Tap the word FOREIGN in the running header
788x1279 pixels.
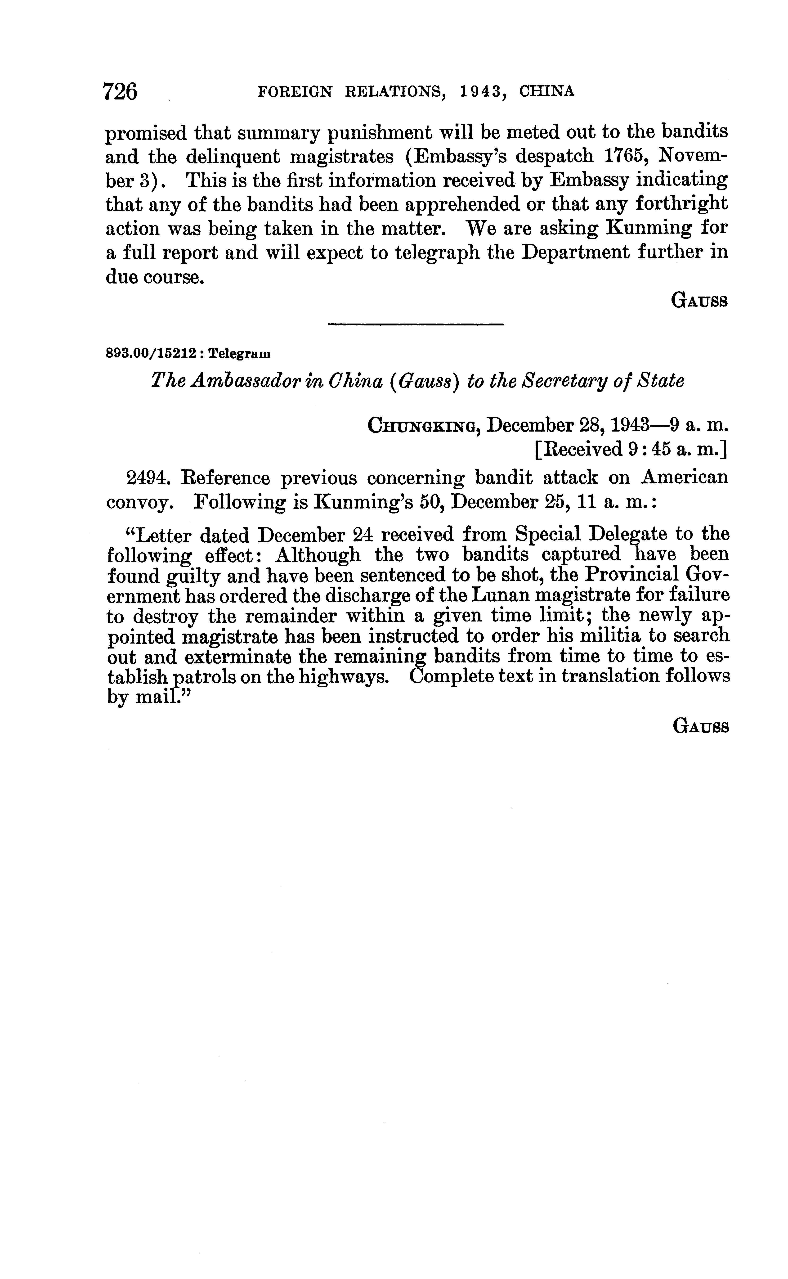tap(295, 92)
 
